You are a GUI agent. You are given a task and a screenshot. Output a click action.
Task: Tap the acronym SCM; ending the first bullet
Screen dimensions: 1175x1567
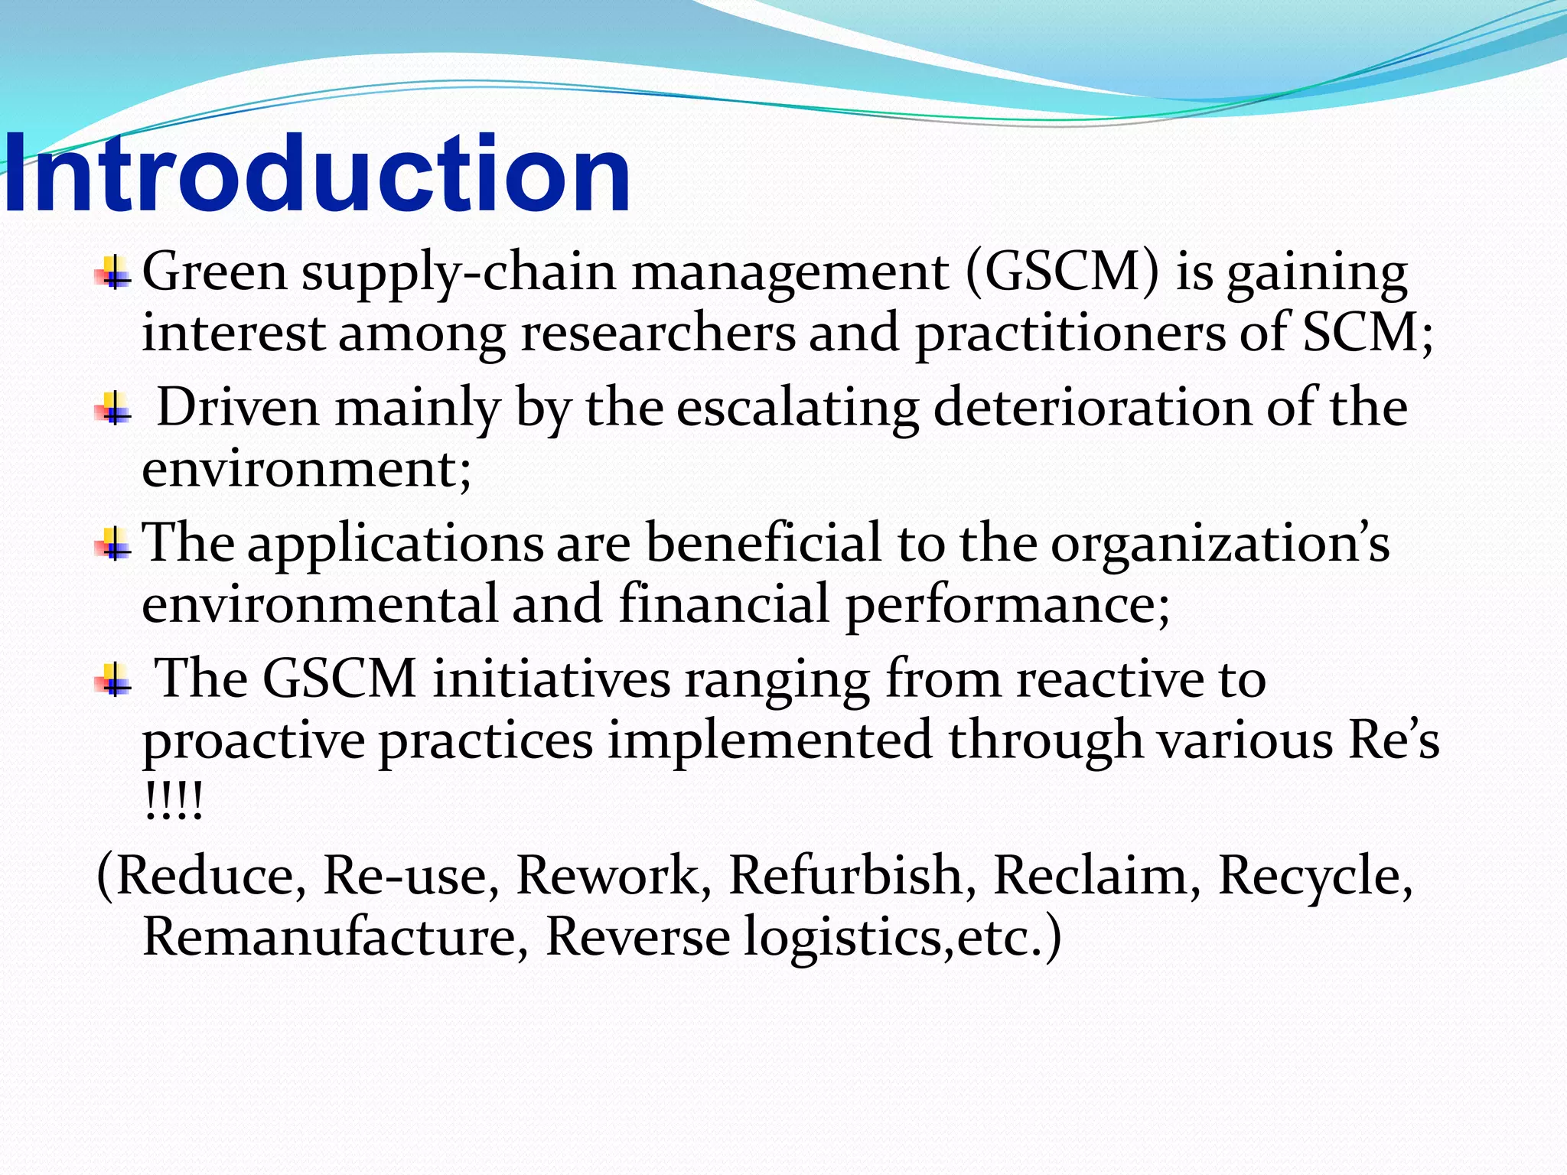(x=1367, y=334)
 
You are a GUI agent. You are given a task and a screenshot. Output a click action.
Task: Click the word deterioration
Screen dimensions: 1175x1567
(x=1092, y=407)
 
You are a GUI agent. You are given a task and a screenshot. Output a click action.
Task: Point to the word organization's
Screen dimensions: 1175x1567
(x=1220, y=545)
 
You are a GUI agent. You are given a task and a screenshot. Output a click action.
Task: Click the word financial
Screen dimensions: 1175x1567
(x=724, y=604)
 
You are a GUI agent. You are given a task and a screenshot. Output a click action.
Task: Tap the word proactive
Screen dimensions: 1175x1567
(x=253, y=742)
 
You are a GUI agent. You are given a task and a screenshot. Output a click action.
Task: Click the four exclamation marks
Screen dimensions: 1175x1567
(x=173, y=802)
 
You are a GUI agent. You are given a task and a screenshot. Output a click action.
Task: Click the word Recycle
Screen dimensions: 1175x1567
(x=1314, y=877)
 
